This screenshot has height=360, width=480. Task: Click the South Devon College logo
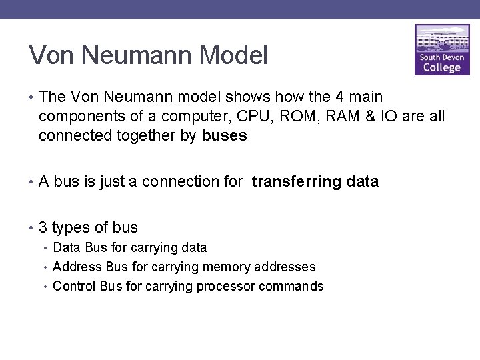[442, 51]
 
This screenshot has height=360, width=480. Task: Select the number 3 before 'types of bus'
[43, 227]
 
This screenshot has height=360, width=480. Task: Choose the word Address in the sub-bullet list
[75, 267]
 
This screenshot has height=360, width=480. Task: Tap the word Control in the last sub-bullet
[73, 286]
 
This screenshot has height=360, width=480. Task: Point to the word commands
[291, 286]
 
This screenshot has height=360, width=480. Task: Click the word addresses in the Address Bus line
[285, 267]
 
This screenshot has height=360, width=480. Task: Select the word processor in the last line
[228, 286]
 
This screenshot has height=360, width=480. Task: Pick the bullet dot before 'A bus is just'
[31, 182]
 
